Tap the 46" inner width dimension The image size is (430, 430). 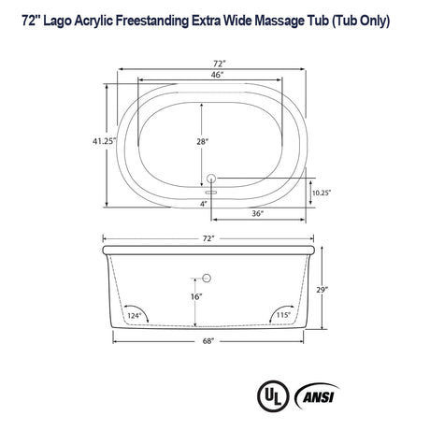[x=216, y=75]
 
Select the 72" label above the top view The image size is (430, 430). [x=216, y=62]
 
